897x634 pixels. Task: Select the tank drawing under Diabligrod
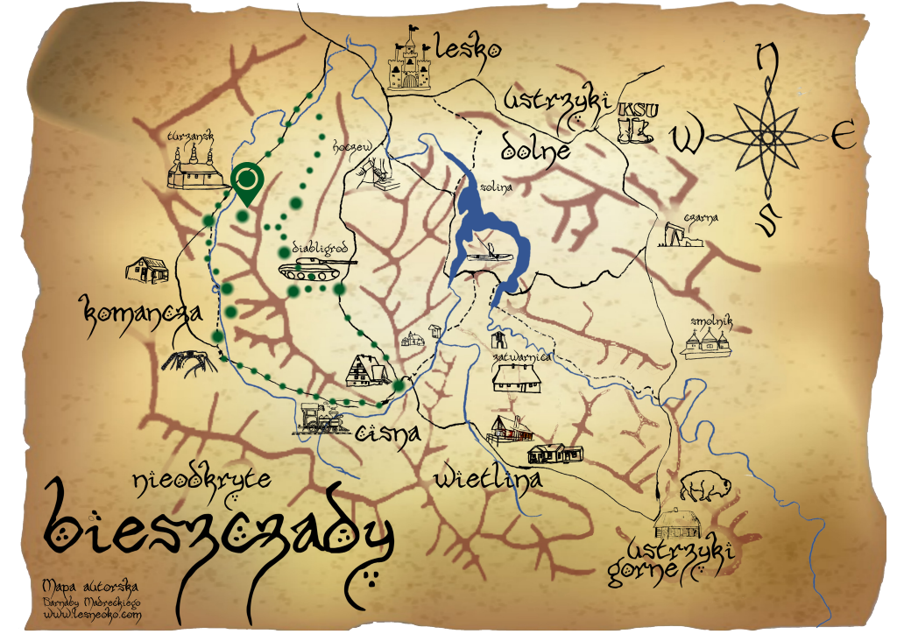[x=315, y=266]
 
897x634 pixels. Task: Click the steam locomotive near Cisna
[x=321, y=419]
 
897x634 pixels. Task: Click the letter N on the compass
[x=767, y=60]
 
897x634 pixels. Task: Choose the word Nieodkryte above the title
[x=201, y=480]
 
